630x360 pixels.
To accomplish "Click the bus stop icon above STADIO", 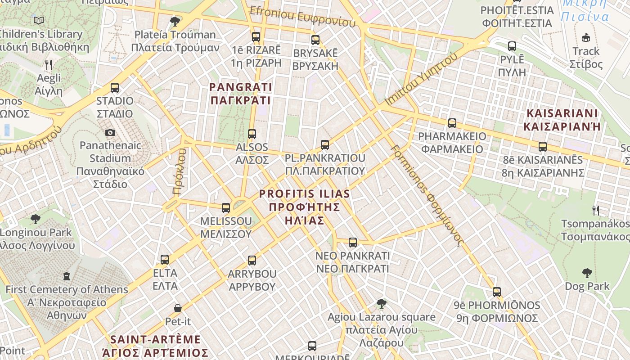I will pos(115,88).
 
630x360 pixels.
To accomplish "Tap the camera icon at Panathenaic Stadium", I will pos(110,132).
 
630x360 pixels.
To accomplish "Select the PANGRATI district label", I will pos(241,93).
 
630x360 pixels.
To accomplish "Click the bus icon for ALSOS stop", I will pos(252,134).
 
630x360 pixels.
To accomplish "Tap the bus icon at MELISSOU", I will pos(226,208).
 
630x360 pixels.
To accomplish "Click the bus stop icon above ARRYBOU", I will pos(252,261).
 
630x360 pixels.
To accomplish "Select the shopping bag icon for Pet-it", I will pos(178,308).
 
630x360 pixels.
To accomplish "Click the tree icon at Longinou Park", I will pos(36,220).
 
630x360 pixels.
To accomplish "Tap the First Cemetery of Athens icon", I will pos(67,276).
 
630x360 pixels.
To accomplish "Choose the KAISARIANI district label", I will pos(562,120).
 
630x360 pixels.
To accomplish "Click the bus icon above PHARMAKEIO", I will pos(452,123).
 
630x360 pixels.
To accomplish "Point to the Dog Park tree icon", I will pos(587,273).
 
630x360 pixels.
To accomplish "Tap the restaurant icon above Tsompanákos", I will pos(595,210).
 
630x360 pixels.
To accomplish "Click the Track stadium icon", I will pos(586,38).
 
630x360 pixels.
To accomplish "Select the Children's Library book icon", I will pos(39,21).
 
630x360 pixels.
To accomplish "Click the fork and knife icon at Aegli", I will pos(49,65).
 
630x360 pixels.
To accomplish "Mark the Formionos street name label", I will pos(427,195).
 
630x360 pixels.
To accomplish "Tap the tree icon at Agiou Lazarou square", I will pos(382,304).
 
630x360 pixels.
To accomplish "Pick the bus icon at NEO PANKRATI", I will pos(353,243).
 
